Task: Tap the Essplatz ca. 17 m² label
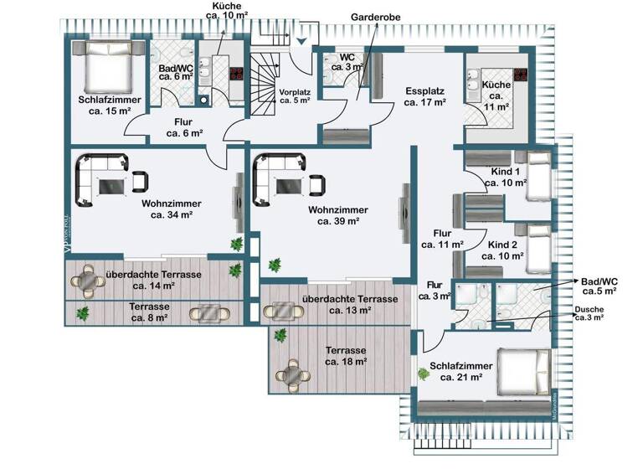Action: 424,97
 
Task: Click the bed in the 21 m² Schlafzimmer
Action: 519,369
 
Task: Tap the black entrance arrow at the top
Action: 302,39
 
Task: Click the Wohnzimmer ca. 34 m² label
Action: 172,209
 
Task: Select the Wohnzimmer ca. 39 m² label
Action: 333,215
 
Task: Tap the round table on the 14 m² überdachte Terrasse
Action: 88,283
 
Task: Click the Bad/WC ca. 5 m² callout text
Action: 599,286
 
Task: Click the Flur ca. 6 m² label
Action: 184,126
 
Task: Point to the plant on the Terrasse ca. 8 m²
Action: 82,313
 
